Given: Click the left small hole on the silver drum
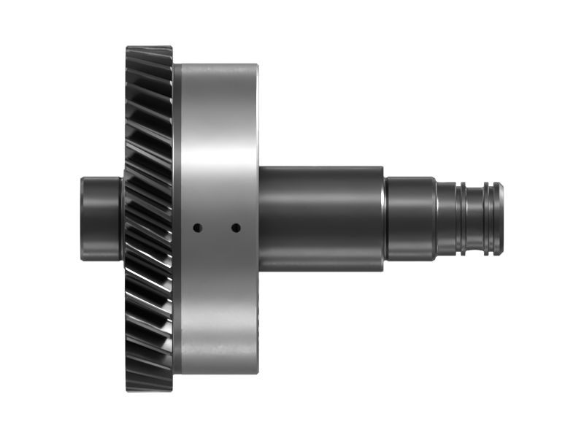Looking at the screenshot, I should [196, 228].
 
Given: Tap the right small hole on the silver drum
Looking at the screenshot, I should [236, 228].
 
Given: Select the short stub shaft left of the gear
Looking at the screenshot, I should [101, 218].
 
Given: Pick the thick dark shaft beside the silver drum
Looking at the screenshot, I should [321, 218].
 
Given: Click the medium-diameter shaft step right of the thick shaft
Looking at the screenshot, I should [410, 218].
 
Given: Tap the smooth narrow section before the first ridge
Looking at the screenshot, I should [447, 218].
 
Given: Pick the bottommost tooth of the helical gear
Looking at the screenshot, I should [149, 387].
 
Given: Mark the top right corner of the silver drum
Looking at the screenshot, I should [257, 66].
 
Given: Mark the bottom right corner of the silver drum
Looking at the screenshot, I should [257, 372].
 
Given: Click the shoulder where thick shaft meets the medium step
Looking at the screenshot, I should [385, 218].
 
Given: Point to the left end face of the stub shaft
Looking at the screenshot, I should [81, 218].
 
